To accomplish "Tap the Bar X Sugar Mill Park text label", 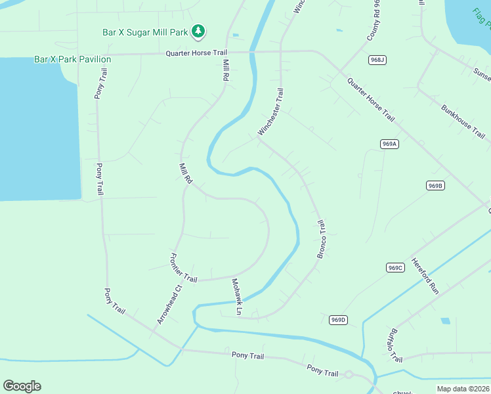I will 145,31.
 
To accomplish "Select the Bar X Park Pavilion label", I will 72,59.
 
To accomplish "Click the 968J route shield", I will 377,60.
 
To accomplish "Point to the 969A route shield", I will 389,144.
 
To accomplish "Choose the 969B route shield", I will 435,186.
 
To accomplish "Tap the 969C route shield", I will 395,267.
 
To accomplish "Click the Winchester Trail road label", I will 271,112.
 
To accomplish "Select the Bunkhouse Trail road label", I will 463,120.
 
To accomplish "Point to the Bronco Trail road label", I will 322,239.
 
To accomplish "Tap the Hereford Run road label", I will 425,275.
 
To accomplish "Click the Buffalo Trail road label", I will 395,345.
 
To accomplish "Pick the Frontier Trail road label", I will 184,268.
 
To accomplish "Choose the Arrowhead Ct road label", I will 169,304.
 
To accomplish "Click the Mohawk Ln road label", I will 237,295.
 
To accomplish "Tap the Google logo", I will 22,386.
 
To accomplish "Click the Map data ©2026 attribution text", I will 463,389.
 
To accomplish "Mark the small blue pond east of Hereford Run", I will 446,321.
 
